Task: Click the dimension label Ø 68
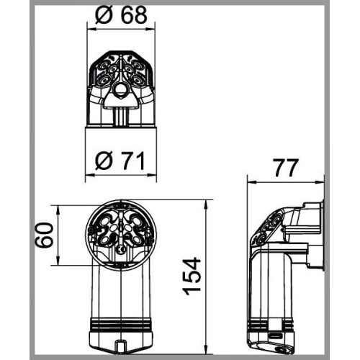pyautogui.click(x=121, y=14)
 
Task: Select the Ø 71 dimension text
pyautogui.click(x=120, y=161)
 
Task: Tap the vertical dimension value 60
pyautogui.click(x=44, y=235)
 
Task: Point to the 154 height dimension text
pyautogui.click(x=192, y=276)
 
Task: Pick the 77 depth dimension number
pyautogui.click(x=287, y=168)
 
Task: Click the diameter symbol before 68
pyautogui.click(x=104, y=15)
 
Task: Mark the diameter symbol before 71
pyautogui.click(x=104, y=161)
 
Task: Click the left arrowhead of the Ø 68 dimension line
pyautogui.click(x=91, y=30)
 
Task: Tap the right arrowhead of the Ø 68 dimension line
pyautogui.click(x=150, y=30)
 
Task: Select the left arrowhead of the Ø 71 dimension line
pyautogui.click(x=90, y=175)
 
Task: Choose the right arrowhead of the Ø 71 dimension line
pyautogui.click(x=152, y=175)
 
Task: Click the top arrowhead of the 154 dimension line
pyautogui.click(x=206, y=204)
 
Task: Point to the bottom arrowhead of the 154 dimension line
pyautogui.click(x=206, y=349)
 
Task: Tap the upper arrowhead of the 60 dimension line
pyautogui.click(x=58, y=210)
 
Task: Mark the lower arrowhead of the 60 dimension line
pyautogui.click(x=58, y=261)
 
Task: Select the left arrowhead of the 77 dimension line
pyautogui.click(x=252, y=182)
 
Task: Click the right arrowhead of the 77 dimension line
pyautogui.click(x=320, y=182)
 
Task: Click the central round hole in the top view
pyautogui.click(x=120, y=89)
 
